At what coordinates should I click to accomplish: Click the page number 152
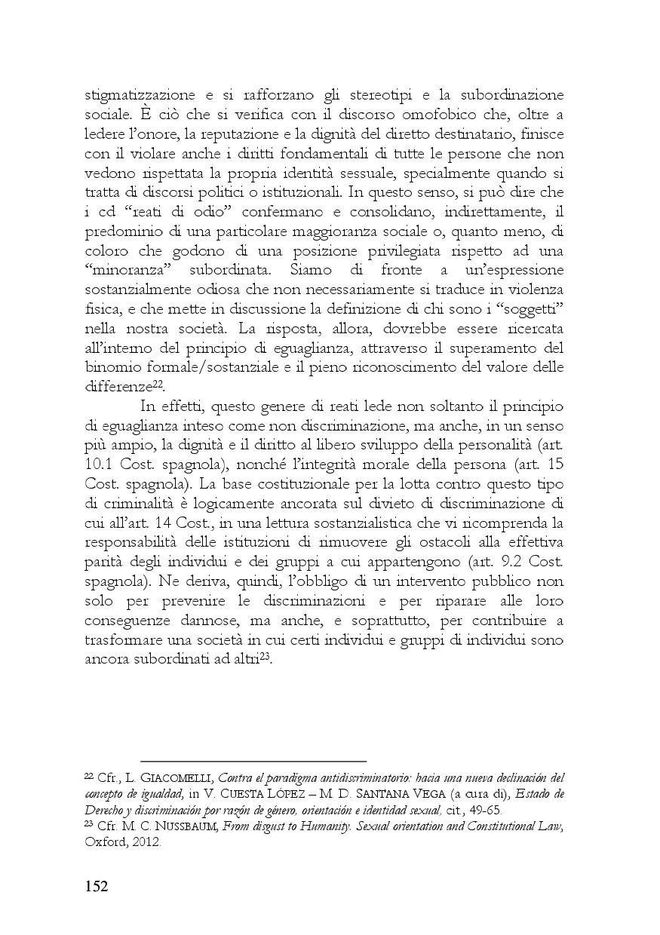(x=96, y=886)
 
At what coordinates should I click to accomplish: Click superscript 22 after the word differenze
(x=159, y=384)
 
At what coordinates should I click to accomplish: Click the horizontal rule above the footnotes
(x=253, y=762)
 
